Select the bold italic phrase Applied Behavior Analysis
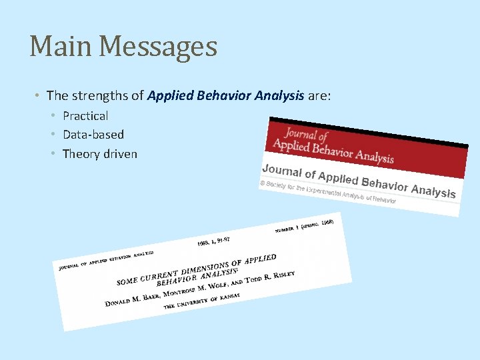coord(225,96)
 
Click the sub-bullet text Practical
coord(85,116)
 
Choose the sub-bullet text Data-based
coord(93,135)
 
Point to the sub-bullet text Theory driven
coord(100,154)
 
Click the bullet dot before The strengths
coord(39,97)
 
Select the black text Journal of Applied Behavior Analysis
coord(359,179)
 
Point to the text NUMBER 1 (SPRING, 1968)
coord(308,225)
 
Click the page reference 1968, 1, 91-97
coord(213,240)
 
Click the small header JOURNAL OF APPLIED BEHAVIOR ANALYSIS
coord(106,261)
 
